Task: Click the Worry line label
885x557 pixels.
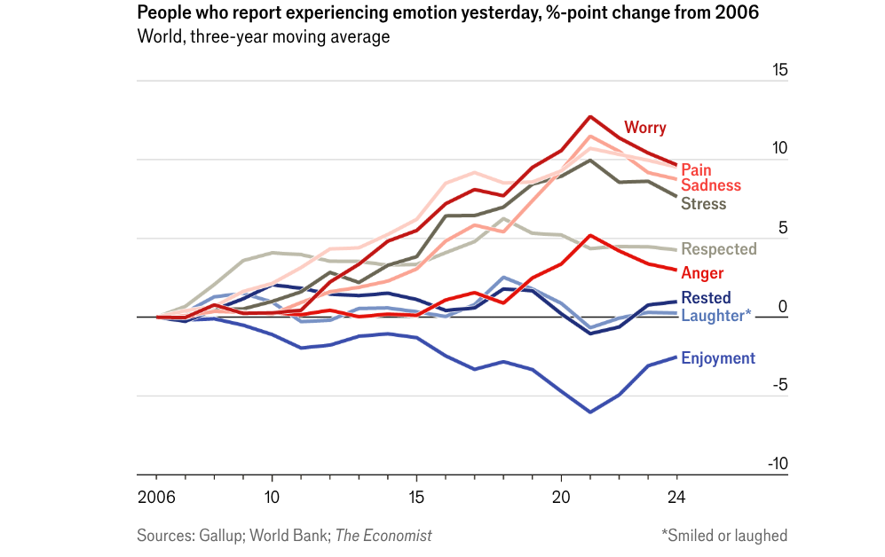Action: (644, 128)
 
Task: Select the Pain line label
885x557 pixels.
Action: (696, 169)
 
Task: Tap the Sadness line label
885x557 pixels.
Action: (710, 185)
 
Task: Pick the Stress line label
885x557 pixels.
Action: (703, 204)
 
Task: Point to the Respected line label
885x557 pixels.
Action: (718, 249)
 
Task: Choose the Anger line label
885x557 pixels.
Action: (702, 273)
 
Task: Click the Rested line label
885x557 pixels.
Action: (706, 298)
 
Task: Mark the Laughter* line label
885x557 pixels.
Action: (715, 314)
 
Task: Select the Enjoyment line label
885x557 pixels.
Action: (717, 358)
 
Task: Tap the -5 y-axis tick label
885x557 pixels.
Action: (778, 385)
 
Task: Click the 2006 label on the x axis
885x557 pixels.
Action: (155, 497)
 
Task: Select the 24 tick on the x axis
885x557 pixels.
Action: (677, 497)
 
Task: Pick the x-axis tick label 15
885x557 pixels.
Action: (416, 497)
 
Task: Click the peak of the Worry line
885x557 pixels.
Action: (589, 116)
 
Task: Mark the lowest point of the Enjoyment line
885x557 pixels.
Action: (589, 412)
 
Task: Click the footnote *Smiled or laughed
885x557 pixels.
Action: (723, 536)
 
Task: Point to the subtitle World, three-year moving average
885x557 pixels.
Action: (264, 36)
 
